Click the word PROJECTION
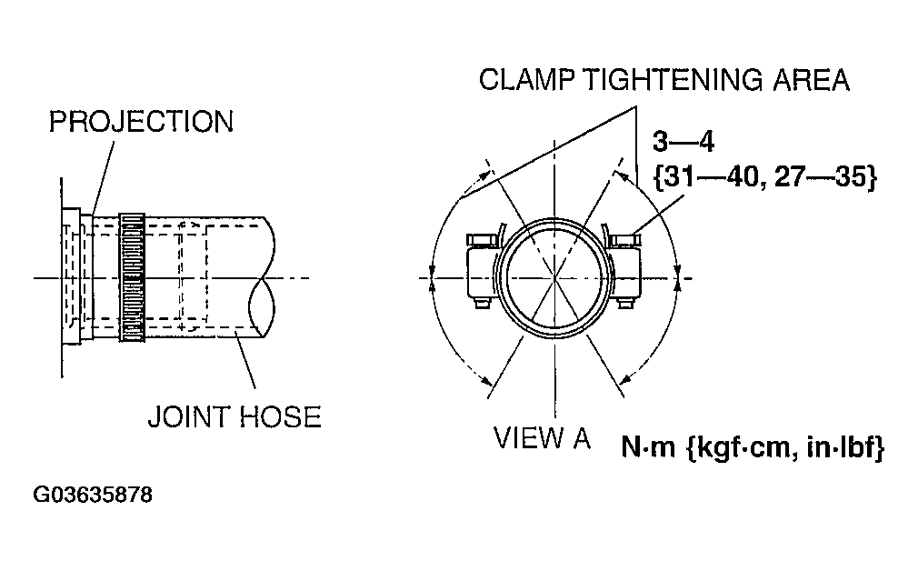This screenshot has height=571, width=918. (x=141, y=121)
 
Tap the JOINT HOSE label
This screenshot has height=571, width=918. (x=234, y=416)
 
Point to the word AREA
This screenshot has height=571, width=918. (x=809, y=80)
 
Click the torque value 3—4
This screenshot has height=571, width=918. (x=684, y=144)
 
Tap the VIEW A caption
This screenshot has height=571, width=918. (x=543, y=438)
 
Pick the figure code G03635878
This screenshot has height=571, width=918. (x=93, y=496)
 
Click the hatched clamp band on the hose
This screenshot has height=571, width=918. (x=133, y=277)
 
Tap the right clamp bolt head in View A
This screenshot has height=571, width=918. (x=626, y=239)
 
